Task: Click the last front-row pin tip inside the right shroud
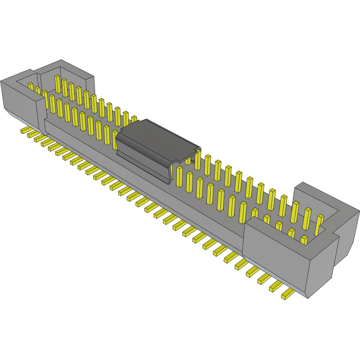(x=304, y=240)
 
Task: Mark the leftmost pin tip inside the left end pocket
(x=31, y=86)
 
